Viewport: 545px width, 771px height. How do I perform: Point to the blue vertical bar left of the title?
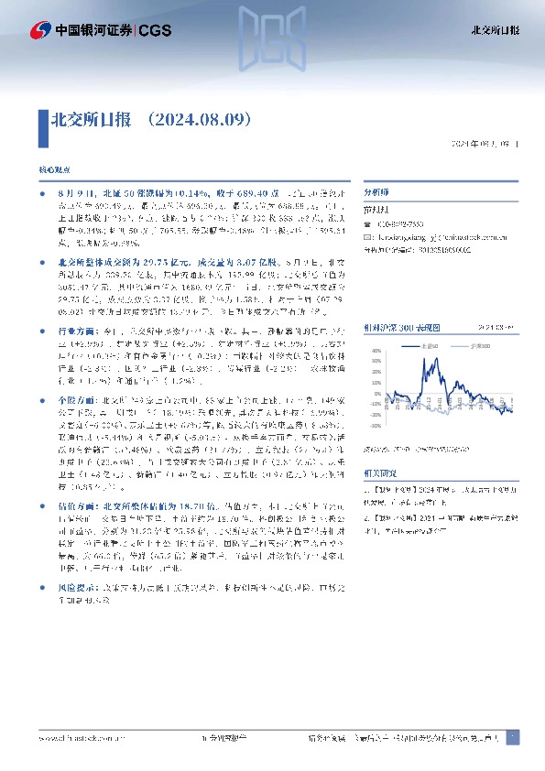[42, 120]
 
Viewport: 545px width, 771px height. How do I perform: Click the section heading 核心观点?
[52, 171]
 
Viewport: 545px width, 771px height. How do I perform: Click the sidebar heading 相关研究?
[377, 474]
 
